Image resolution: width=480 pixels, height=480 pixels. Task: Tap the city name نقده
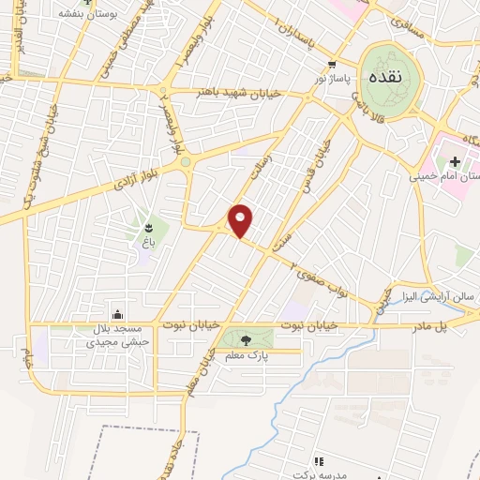[387, 75]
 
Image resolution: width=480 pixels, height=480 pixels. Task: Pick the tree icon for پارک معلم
[246, 340]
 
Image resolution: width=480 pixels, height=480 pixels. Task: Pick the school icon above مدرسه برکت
[318, 460]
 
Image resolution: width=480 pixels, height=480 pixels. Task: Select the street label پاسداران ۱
[301, 34]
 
